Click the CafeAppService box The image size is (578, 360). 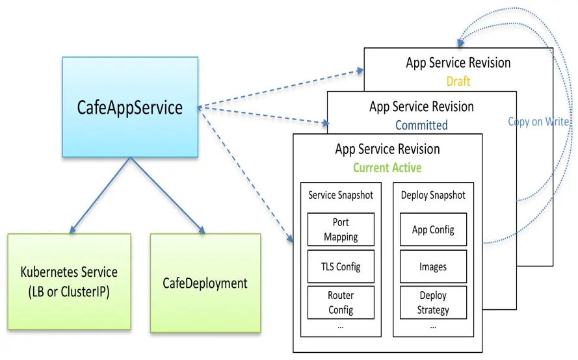130,107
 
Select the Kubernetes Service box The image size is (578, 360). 70,281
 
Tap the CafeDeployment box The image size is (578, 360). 205,283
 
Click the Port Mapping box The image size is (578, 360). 341,229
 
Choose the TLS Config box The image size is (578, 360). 341,266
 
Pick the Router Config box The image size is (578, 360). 341,303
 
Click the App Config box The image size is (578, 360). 433,229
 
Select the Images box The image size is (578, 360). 433,266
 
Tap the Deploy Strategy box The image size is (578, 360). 433,303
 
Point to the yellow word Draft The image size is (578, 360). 458,81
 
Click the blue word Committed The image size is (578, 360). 421,125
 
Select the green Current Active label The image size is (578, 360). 388,168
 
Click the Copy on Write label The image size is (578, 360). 538,122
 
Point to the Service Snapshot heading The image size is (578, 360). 341,195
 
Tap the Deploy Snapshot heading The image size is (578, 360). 433,196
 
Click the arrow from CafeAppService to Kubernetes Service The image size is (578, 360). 100,196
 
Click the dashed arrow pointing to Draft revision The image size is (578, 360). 281,88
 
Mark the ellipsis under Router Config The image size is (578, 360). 341,327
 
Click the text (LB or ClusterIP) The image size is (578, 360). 69,292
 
